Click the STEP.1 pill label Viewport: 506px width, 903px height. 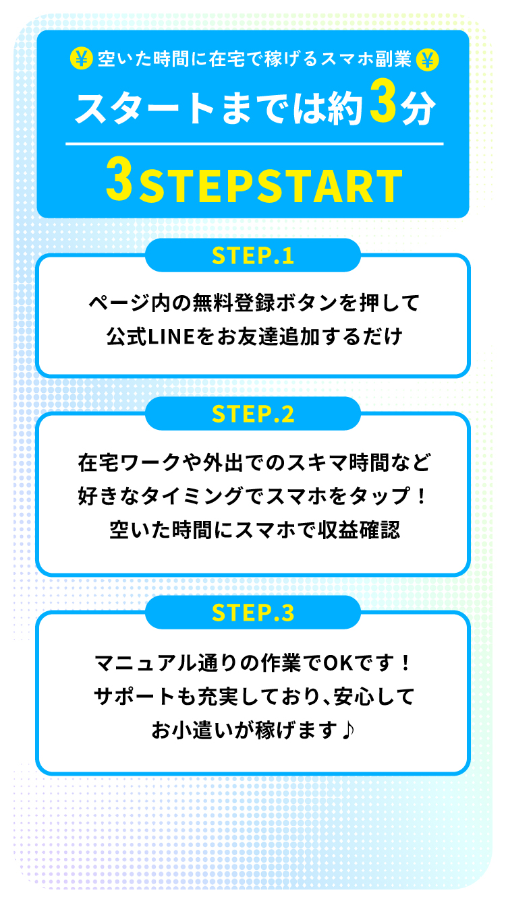[253, 255]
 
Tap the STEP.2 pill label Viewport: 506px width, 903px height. [253, 414]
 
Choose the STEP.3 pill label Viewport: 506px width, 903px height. [253, 613]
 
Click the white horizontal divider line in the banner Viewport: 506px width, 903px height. [254, 144]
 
